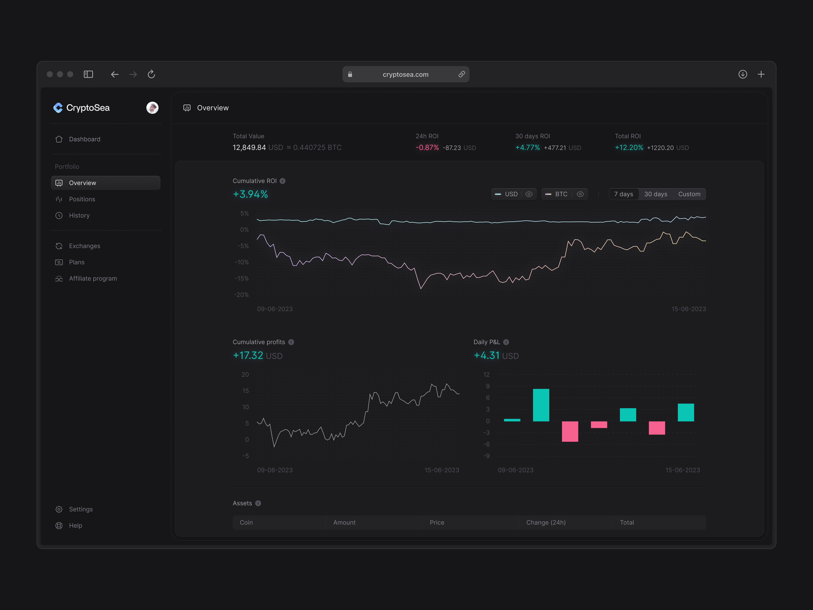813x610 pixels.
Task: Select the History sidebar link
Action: pos(79,215)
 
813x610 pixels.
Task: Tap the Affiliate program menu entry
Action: pos(93,278)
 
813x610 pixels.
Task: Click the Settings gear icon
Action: pos(59,509)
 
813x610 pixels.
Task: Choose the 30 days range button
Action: pos(655,194)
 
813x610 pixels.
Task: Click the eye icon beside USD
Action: pos(529,194)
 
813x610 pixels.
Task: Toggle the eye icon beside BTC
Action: pos(580,194)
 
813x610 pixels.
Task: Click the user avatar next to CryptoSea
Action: pos(152,108)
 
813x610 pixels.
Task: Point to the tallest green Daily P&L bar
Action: pos(541,405)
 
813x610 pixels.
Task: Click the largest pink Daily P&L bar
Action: pos(570,431)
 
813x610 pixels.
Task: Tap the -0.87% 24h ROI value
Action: pos(427,147)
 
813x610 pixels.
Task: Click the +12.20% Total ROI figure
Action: pos(629,147)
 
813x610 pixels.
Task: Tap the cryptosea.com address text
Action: pos(405,74)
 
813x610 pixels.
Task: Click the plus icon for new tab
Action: pos(761,74)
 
